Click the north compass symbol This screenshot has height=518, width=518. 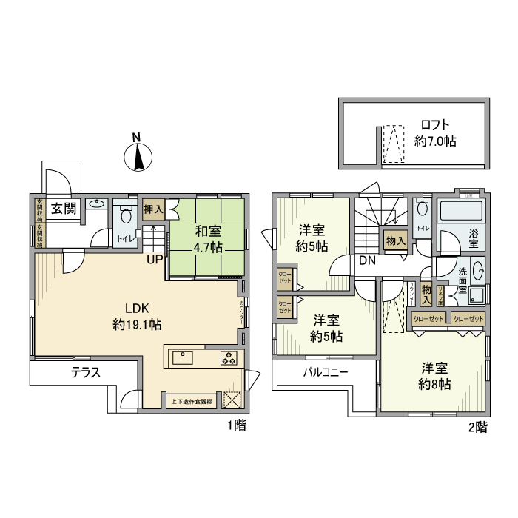point(137,156)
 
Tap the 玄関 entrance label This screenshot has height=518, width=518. point(64,209)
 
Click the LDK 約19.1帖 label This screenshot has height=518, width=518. point(138,316)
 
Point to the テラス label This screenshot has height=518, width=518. point(85,373)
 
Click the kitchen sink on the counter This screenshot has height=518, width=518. point(182,358)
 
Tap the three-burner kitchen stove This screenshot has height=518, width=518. point(230,359)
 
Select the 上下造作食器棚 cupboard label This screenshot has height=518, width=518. point(192,402)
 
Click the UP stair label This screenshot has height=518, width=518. point(154,259)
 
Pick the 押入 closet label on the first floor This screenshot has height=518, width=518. point(154,209)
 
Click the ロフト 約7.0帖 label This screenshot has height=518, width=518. point(435,132)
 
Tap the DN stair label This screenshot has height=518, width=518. point(367,260)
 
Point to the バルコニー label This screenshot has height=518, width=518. point(325,372)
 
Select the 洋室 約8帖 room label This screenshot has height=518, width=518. point(434,376)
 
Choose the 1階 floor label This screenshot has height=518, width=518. point(236,425)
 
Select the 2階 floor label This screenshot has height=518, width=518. point(478,427)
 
